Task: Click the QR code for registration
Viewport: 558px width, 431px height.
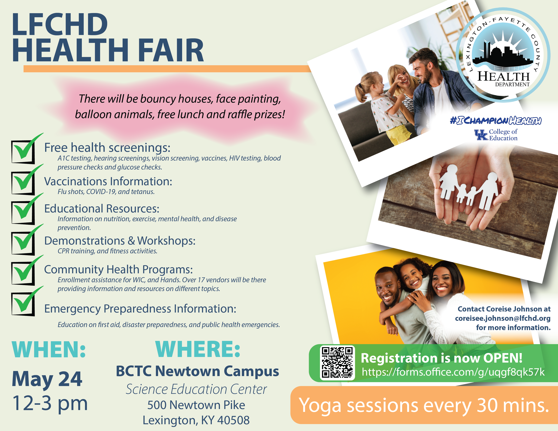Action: [x=337, y=363]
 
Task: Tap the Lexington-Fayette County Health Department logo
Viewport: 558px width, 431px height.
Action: [x=503, y=55]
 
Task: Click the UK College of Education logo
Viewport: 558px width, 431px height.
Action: [x=496, y=135]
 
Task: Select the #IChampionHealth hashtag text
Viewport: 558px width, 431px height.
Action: [x=496, y=121]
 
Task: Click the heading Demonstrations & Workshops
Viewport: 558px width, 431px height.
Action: [x=120, y=241]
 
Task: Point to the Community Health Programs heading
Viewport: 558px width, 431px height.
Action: [x=119, y=270]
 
